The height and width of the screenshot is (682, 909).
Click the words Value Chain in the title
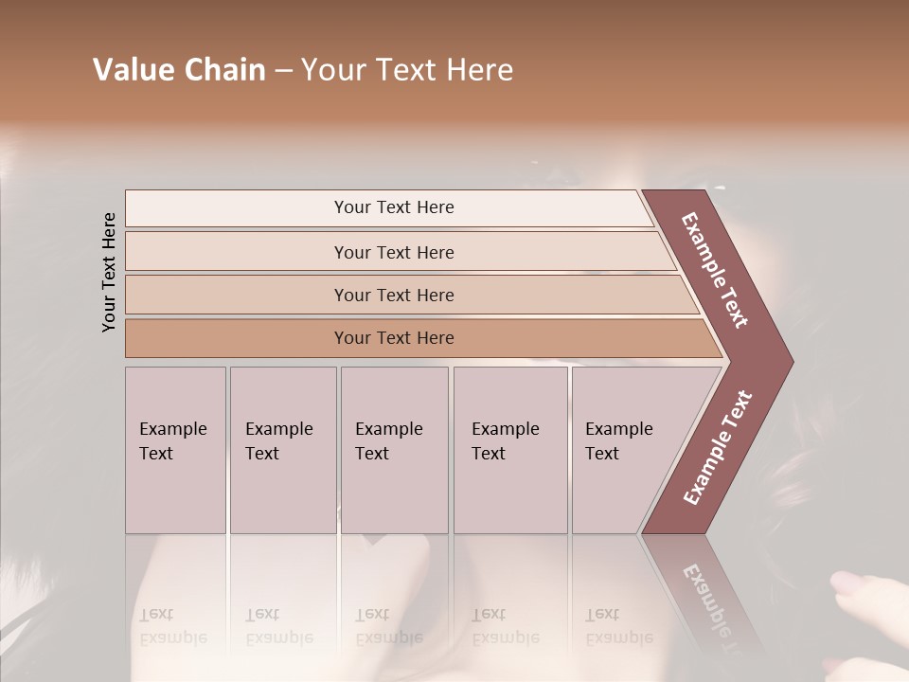click(x=179, y=69)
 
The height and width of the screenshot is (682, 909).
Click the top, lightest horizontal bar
click(x=393, y=207)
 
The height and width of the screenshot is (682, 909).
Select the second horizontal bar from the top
click(x=393, y=252)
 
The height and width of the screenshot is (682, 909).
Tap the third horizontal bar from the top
click(x=393, y=295)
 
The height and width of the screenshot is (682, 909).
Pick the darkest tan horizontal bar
click(x=393, y=338)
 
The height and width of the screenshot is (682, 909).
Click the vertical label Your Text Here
click(x=109, y=272)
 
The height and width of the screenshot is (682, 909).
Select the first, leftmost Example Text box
click(x=175, y=450)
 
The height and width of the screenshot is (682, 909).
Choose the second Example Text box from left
click(x=282, y=450)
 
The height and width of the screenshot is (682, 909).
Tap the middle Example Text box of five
click(x=394, y=450)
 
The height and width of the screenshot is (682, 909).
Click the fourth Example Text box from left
click(x=509, y=450)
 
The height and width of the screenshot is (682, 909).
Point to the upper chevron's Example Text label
click(x=715, y=270)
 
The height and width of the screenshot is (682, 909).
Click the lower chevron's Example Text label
click(x=718, y=447)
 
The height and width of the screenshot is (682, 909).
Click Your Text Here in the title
click(x=407, y=69)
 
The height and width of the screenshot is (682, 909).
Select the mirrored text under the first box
click(x=172, y=626)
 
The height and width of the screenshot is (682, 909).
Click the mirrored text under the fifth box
click(x=618, y=626)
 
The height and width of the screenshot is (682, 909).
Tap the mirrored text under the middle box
click(x=388, y=626)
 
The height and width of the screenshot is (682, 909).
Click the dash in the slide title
click(x=283, y=70)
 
